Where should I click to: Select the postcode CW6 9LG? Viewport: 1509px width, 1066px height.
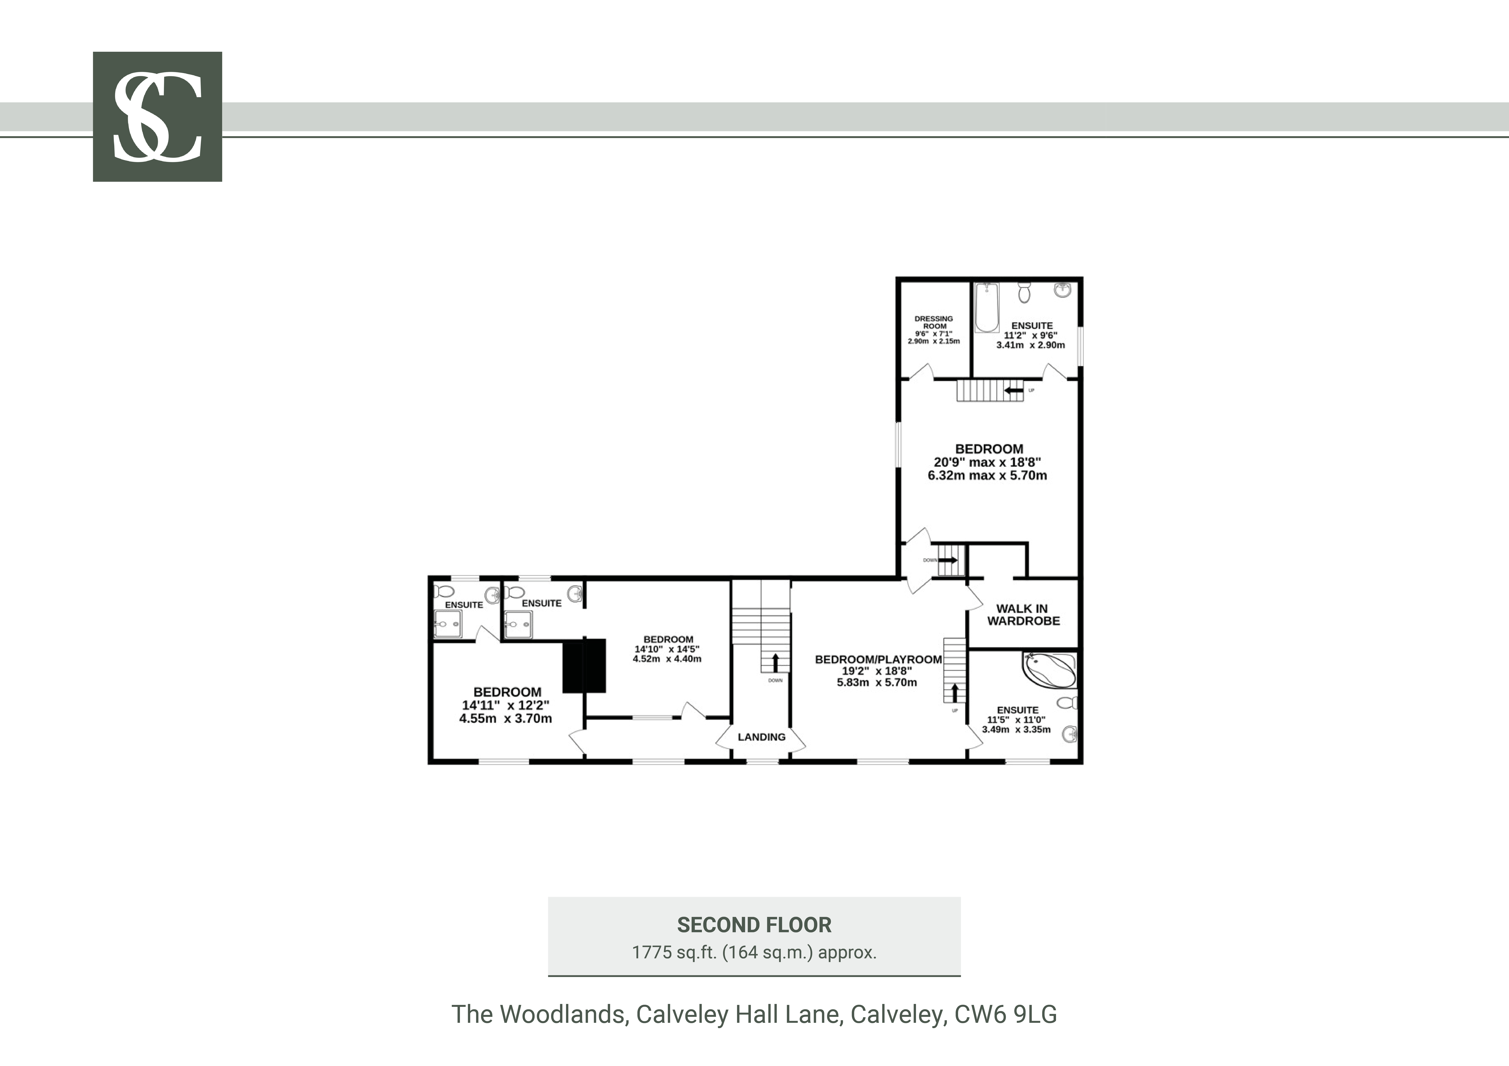click(1006, 1015)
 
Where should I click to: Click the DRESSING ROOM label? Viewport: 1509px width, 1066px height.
click(934, 323)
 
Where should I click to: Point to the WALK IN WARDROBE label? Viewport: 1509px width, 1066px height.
click(1023, 615)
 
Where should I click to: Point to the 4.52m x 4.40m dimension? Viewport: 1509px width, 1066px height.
click(667, 659)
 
